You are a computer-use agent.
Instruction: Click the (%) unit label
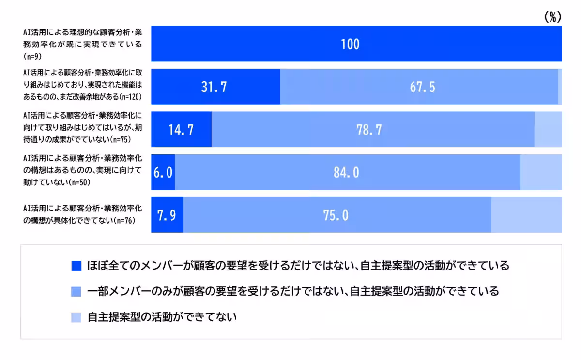point(552,17)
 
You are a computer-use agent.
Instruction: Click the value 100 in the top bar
point(350,44)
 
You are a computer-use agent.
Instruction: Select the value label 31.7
point(214,87)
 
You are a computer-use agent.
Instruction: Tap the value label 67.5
point(422,87)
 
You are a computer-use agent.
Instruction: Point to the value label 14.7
point(181,130)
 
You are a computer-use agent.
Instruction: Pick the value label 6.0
point(163,172)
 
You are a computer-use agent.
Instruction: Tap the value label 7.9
point(167,215)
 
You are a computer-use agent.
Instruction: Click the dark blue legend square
point(76,266)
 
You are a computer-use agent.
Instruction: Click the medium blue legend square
point(76,292)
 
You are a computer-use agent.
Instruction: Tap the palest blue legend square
point(76,317)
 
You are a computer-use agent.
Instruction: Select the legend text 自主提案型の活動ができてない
point(162,317)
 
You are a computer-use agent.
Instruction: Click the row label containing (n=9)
point(82,44)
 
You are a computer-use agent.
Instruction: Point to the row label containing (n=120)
point(82,87)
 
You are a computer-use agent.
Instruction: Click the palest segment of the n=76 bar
point(526,215)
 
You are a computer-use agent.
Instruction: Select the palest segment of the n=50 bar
point(541,172)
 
